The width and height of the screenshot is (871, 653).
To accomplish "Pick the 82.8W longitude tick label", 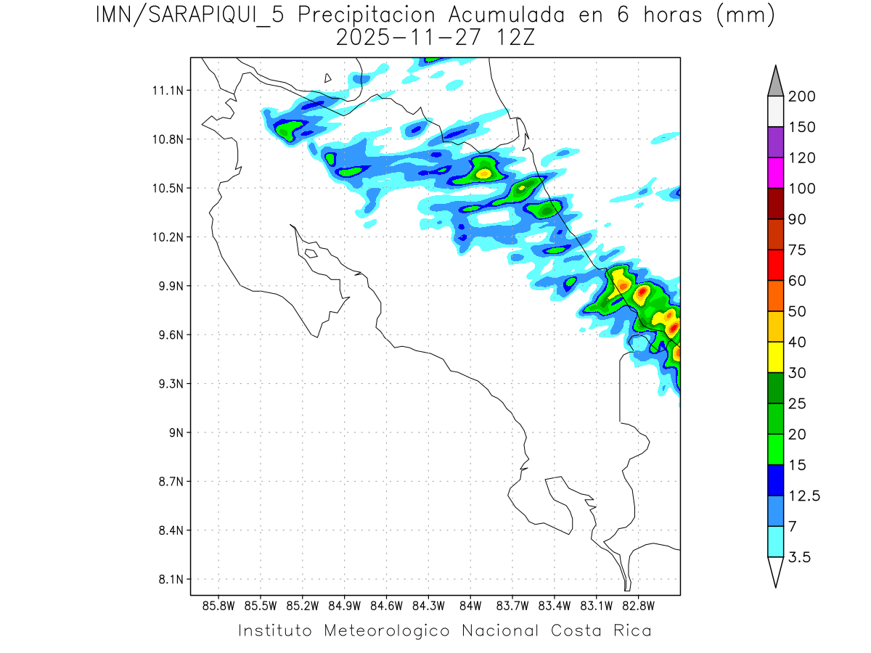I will point(638,605).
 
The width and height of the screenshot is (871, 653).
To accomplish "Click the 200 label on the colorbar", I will point(801,96).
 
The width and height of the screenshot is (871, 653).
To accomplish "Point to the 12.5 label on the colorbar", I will point(803,496).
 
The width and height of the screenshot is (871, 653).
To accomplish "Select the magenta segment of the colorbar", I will point(774,173).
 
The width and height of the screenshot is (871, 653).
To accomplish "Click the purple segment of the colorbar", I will point(774,142).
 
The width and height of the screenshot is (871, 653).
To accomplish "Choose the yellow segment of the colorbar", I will point(774,356).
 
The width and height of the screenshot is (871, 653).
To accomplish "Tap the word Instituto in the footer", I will point(275,631).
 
